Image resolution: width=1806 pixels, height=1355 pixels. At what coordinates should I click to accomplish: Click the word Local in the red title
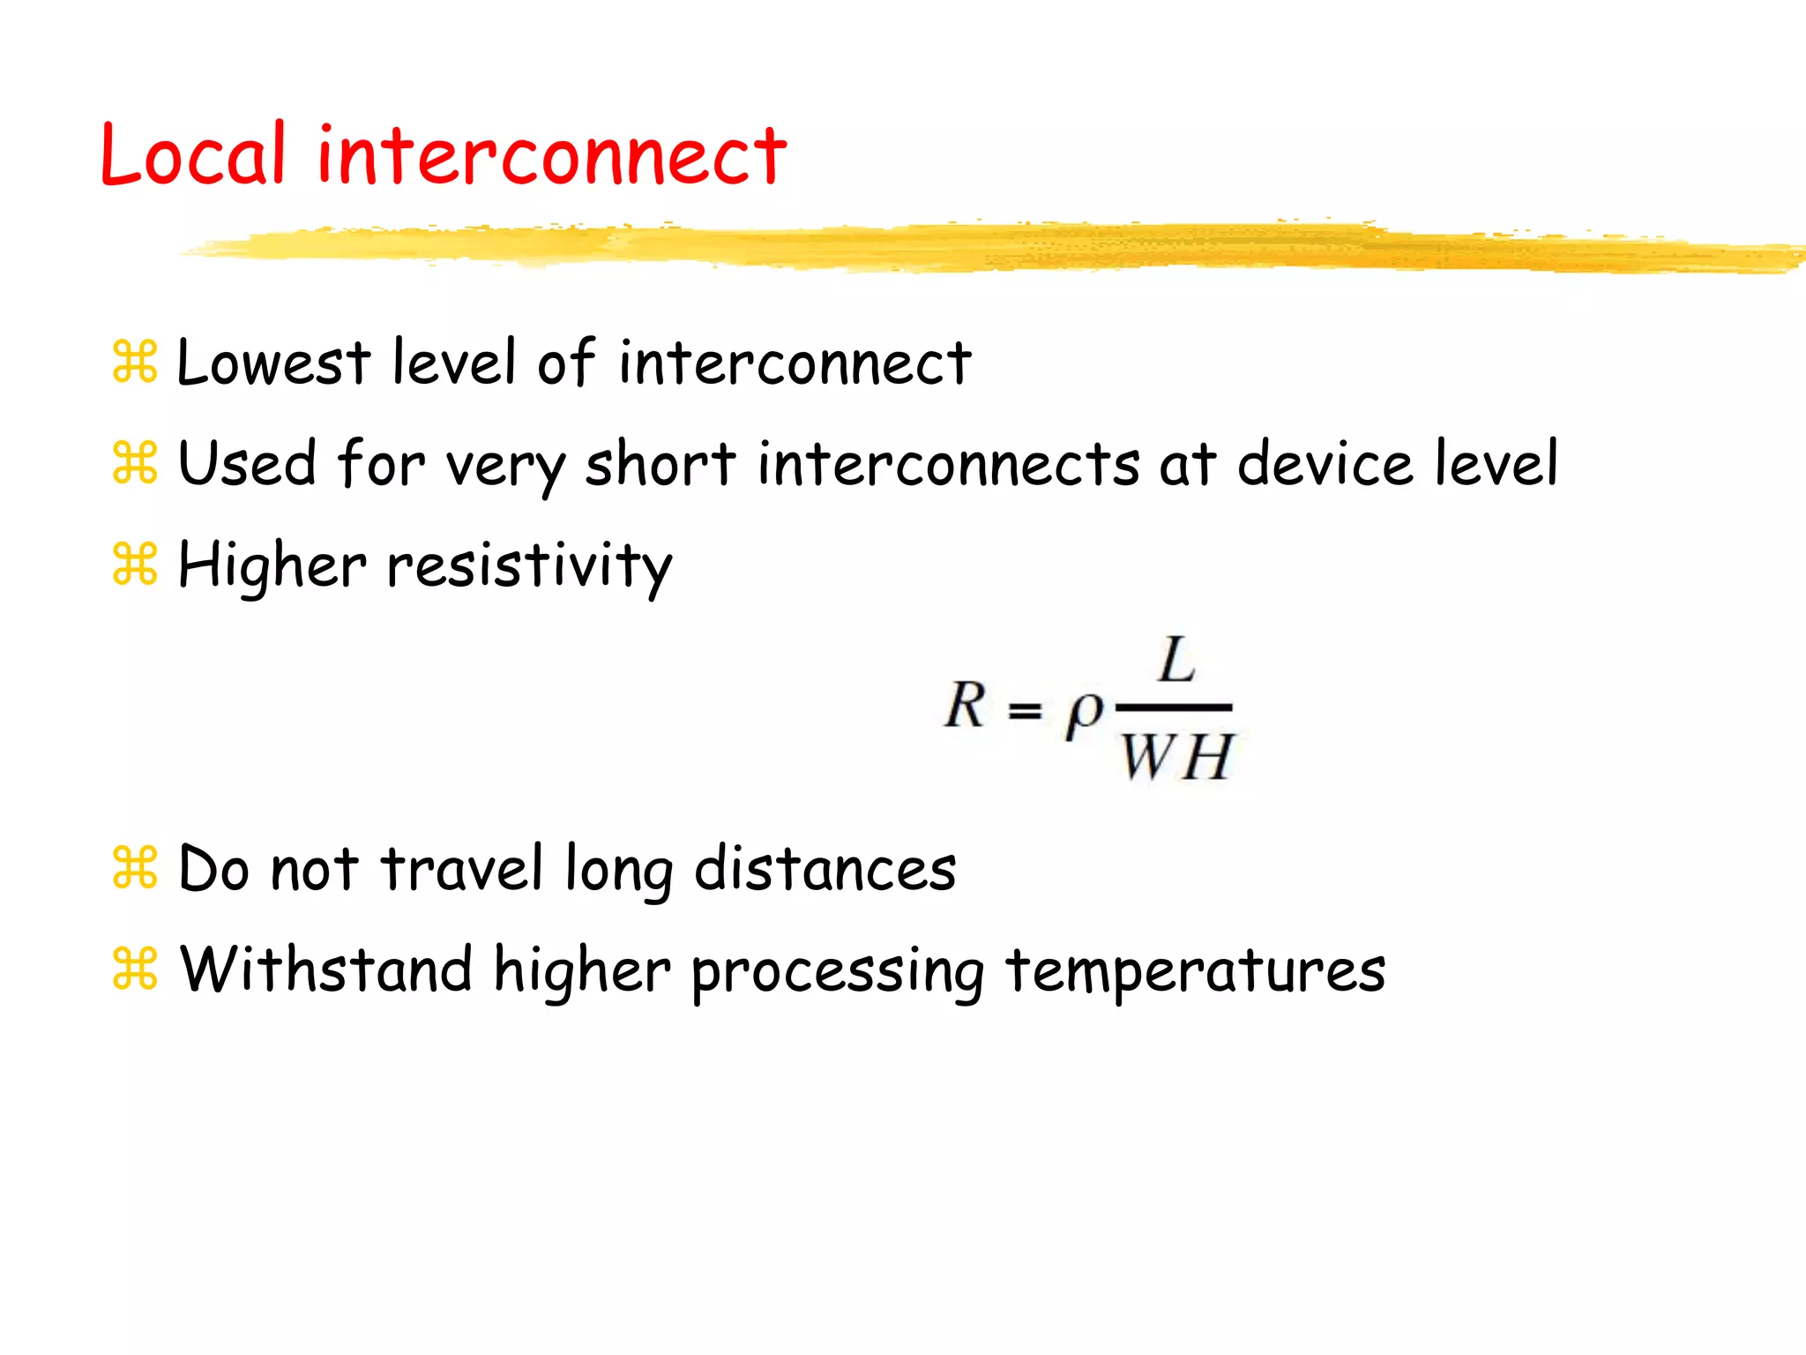[193, 155]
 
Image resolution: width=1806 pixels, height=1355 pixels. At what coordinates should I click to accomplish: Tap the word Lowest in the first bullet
[273, 363]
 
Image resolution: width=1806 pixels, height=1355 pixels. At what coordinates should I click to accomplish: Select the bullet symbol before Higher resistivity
[135, 565]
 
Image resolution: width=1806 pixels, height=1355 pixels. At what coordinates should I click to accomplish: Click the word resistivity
[529, 566]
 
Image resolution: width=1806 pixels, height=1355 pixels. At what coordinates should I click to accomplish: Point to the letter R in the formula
[965, 706]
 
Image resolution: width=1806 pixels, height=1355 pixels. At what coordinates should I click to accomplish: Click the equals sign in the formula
[1025, 709]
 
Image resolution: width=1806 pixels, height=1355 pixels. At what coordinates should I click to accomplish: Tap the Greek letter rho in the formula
[1084, 711]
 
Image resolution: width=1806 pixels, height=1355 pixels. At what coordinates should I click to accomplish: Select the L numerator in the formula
[1176, 661]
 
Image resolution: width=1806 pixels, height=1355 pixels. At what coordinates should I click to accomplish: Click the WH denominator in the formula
[1176, 757]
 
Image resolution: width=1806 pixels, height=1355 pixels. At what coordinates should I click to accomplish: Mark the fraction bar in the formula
[1174, 707]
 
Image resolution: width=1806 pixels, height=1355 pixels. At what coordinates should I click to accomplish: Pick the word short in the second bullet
[660, 464]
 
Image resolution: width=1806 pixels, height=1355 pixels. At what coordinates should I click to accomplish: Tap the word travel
[461, 869]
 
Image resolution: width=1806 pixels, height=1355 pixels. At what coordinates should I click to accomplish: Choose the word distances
[825, 869]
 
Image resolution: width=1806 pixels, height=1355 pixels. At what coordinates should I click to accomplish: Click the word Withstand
[326, 969]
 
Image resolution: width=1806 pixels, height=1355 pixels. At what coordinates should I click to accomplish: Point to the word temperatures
[1195, 971]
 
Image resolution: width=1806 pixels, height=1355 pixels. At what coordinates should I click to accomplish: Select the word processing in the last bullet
[837, 973]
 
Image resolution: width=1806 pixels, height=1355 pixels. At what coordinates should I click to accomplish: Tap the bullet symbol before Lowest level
[135, 362]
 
